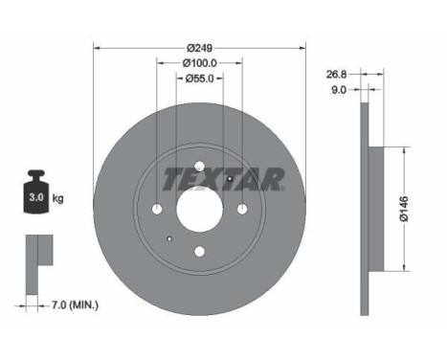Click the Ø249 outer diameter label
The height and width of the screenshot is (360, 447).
pos(200,47)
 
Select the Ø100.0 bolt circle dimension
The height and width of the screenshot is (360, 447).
pos(199,62)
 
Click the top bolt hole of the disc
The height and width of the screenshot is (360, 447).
pos(199,168)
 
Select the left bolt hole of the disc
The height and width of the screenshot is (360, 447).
pos(158,209)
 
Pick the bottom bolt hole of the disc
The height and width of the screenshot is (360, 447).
pos(199,251)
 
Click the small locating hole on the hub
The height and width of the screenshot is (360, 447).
pos(169,239)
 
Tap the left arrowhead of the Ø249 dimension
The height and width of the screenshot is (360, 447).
pos(98,47)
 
